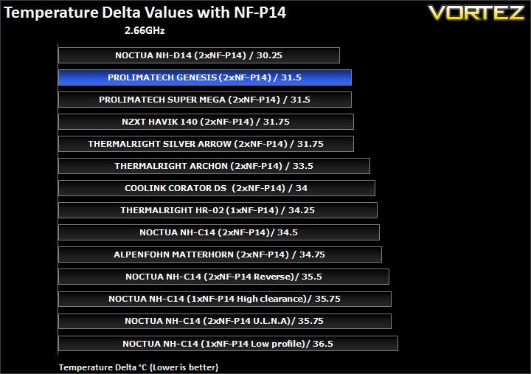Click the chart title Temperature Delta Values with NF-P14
coord(145,13)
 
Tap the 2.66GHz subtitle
coord(145,30)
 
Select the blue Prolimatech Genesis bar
coord(205,77)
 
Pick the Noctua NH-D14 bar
coord(199,55)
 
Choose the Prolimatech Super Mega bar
coord(205,100)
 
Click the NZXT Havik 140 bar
coord(206,122)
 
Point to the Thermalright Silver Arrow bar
coord(206,144)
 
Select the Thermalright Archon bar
coord(214,166)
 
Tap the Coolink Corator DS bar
coord(217,188)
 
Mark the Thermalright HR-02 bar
coord(218,210)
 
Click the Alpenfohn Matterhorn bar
coord(220,254)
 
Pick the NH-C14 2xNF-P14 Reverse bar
coord(224,277)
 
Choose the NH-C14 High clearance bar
coord(225,299)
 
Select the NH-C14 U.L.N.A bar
coord(225,321)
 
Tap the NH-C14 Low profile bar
coord(228,344)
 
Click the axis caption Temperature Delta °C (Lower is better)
coord(139,367)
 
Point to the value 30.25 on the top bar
coord(269,55)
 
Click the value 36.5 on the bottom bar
coord(323,344)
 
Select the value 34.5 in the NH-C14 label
coord(288,232)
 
